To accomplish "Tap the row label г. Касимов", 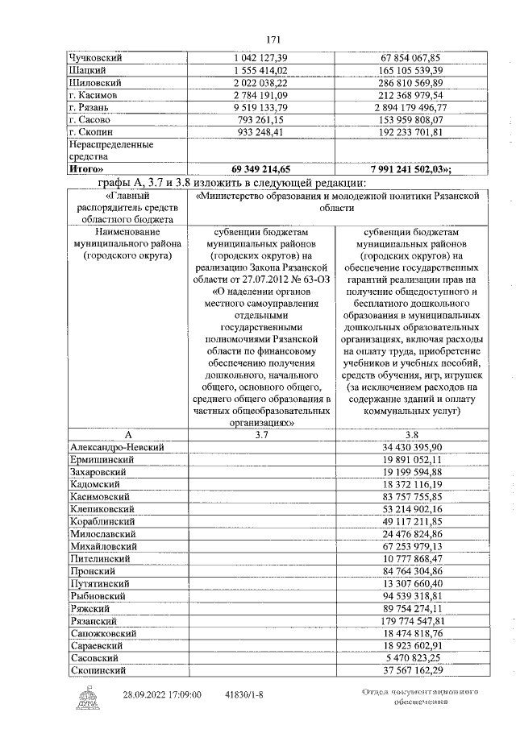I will [x=95, y=95].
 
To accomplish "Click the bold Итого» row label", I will [x=89, y=170].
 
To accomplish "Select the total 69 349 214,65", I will [x=260, y=170].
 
